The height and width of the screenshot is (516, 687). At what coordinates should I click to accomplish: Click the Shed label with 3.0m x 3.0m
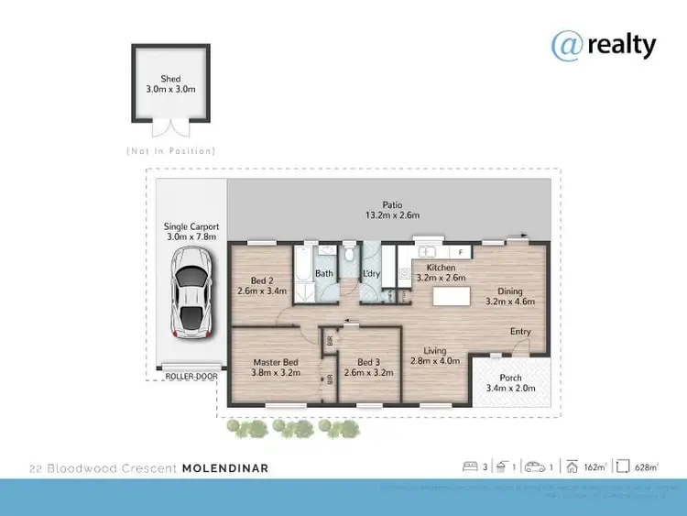click(171, 84)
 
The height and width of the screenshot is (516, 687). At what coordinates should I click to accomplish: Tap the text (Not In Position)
click(171, 150)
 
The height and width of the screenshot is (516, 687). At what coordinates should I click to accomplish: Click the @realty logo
click(604, 43)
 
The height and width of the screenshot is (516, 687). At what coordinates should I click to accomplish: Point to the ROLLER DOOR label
click(186, 375)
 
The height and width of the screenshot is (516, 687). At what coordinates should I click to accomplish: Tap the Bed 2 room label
click(261, 285)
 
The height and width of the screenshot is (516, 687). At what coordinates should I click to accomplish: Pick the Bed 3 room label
click(368, 368)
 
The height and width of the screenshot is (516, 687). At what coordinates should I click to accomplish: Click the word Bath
click(324, 273)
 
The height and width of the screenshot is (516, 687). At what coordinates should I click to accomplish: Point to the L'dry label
click(372, 273)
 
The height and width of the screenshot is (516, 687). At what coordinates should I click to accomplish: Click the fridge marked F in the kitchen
click(462, 251)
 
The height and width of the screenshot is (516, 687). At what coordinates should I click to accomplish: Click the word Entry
click(520, 332)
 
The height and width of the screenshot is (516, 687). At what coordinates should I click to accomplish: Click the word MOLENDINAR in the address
click(225, 468)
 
